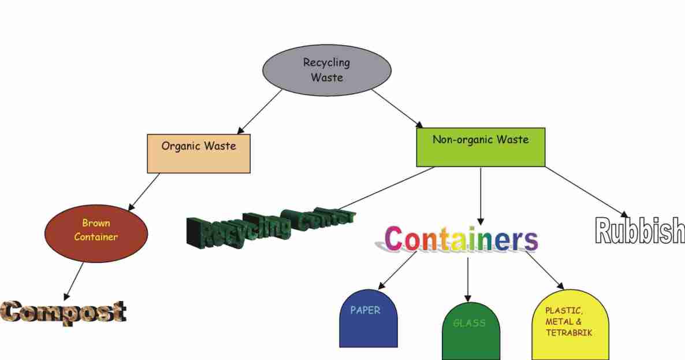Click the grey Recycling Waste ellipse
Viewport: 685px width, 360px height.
tap(327, 69)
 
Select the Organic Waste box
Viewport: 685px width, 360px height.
tap(199, 153)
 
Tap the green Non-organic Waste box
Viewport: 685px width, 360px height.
tap(481, 147)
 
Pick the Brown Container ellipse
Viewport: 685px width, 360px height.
tap(96, 231)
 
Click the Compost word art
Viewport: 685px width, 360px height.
tap(64, 311)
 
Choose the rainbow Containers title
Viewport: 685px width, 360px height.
tap(461, 239)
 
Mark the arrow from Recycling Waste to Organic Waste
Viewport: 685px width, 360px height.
tap(259, 112)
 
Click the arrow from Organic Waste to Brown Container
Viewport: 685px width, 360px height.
tap(144, 191)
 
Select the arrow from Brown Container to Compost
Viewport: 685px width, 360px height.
tap(74, 281)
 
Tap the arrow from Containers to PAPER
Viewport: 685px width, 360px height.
tap(397, 270)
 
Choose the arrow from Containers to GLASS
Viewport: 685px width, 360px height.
tap(468, 279)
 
